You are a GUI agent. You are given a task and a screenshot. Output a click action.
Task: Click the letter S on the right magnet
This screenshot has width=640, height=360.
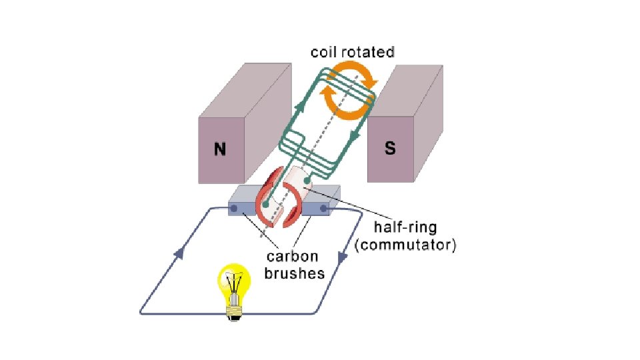click(390, 148)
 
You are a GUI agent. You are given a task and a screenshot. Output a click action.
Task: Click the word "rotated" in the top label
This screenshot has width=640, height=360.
click(369, 51)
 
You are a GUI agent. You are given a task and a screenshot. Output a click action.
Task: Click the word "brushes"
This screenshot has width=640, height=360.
click(293, 273)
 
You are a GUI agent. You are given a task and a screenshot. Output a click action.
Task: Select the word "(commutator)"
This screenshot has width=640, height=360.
click(405, 245)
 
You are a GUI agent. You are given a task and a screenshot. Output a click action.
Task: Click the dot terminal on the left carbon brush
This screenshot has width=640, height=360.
click(234, 209)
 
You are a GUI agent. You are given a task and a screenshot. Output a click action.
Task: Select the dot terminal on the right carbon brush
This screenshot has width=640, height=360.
click(324, 209)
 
